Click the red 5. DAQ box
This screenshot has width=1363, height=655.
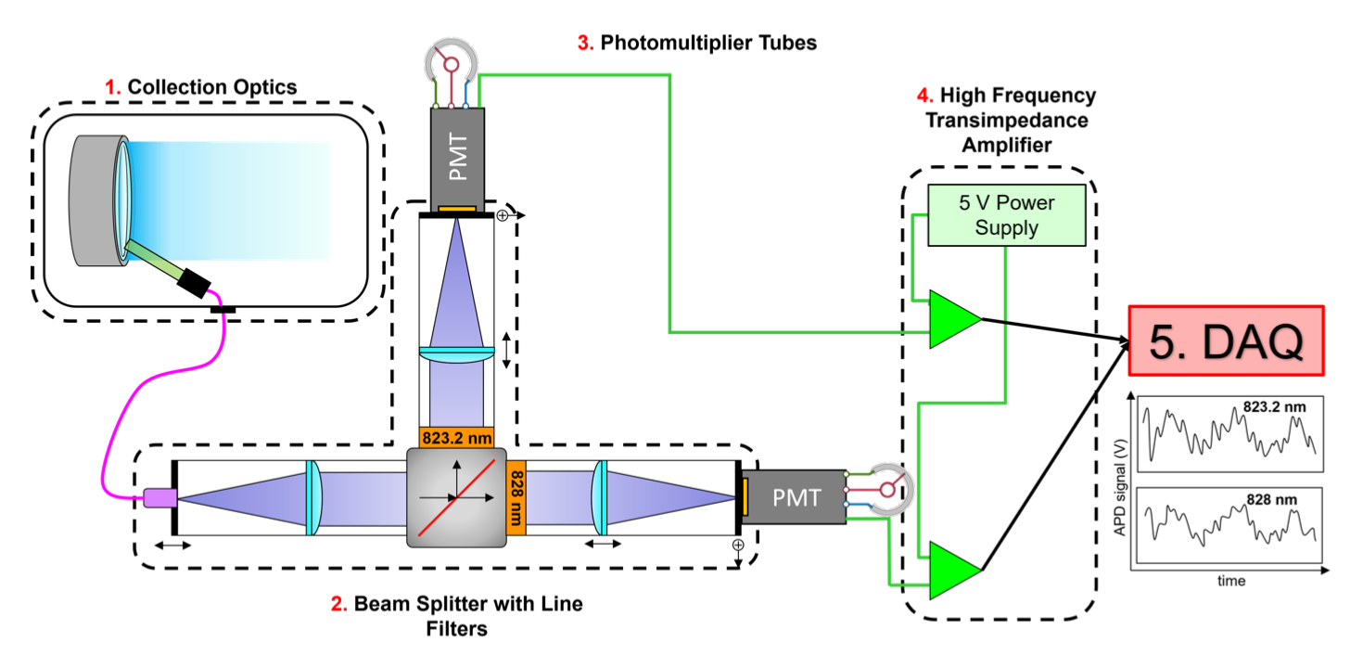(1226, 341)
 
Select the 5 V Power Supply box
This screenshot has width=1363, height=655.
(1006, 215)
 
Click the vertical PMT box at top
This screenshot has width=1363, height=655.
(458, 154)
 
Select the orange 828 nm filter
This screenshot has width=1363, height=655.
(516, 497)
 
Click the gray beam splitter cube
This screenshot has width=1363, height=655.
(456, 497)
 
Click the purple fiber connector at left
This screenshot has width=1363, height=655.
(159, 498)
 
